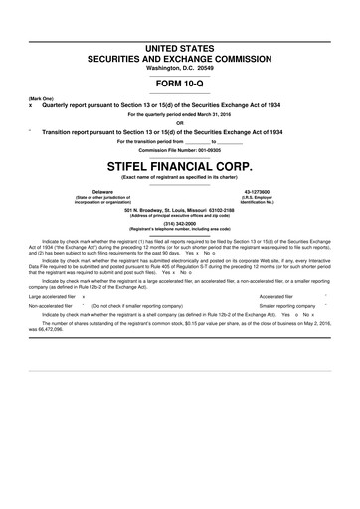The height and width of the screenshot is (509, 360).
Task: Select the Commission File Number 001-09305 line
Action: click(x=180, y=149)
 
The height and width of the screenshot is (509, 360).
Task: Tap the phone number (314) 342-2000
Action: click(x=180, y=223)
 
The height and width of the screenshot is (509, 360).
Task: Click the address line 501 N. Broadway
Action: click(x=180, y=210)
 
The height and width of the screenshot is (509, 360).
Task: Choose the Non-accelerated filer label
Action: click(x=51, y=308)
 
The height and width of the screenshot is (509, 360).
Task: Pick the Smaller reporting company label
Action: click(x=287, y=308)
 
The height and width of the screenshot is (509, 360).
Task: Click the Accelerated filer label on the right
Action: click(x=275, y=296)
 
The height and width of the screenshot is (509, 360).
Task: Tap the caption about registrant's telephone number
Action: click(x=180, y=230)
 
